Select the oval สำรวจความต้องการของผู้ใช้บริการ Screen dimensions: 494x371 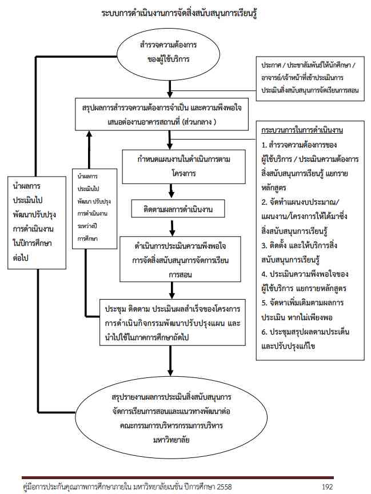click(169, 51)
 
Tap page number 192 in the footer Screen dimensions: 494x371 click(328, 486)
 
